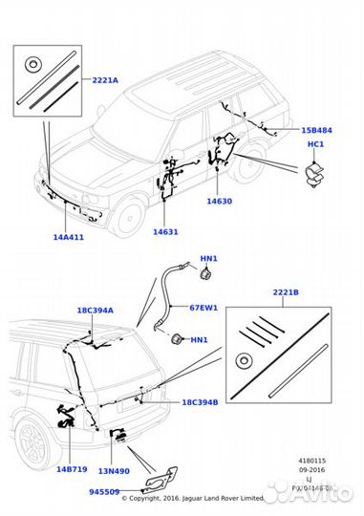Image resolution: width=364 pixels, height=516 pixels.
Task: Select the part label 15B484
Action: point(317,129)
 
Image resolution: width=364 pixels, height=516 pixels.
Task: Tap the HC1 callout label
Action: point(316,144)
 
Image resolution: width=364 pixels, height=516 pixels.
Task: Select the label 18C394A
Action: point(96,311)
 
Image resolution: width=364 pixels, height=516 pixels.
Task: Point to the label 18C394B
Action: point(200,402)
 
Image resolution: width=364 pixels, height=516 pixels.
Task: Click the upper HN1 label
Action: point(209,259)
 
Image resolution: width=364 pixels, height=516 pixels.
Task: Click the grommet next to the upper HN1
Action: point(203,276)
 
